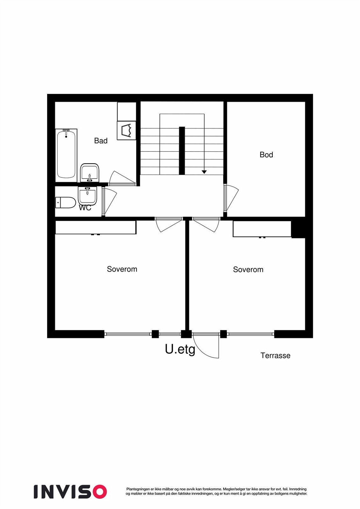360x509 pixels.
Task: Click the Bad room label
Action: point(101,141)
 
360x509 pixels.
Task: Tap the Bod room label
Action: point(266,155)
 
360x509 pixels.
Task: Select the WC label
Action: point(85,208)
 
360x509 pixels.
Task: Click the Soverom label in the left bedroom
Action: point(122,269)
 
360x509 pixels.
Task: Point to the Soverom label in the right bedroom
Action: point(248,269)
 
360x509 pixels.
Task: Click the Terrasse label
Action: point(275,355)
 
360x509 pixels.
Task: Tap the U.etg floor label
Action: point(180,349)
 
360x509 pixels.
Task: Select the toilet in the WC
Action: point(66,202)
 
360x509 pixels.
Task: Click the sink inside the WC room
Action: point(88,195)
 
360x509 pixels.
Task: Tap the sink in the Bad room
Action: point(90,173)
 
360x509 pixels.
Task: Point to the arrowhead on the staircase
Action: point(204,172)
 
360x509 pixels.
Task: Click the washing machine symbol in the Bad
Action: point(126,130)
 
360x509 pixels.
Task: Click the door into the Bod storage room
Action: point(230,198)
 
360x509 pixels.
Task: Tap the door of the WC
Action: point(109,201)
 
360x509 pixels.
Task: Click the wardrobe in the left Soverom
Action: point(96,227)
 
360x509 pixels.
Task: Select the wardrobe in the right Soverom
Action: point(262,229)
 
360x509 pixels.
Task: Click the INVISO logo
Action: point(70,491)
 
